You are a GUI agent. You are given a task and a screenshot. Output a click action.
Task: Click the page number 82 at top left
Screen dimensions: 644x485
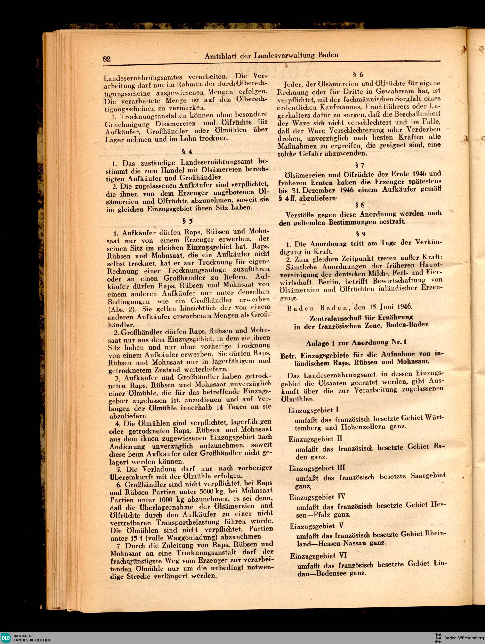click(x=107, y=59)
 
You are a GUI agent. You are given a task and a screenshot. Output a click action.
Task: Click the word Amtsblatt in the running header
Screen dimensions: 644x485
click(x=222, y=56)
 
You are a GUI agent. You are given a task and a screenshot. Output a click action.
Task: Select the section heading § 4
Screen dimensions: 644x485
click(x=187, y=151)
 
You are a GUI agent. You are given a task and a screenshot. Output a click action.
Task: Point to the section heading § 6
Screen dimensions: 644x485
click(x=358, y=75)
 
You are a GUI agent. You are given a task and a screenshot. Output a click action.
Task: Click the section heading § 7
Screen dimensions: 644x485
click(x=360, y=165)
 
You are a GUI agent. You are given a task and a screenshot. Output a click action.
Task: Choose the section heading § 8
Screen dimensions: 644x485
click(x=360, y=205)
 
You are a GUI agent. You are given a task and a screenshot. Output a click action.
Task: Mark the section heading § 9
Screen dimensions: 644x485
click(x=361, y=234)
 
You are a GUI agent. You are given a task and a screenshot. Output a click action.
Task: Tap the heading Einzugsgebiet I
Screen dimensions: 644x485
click(x=313, y=410)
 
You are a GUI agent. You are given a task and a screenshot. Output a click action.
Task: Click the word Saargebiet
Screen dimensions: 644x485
click(x=428, y=476)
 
